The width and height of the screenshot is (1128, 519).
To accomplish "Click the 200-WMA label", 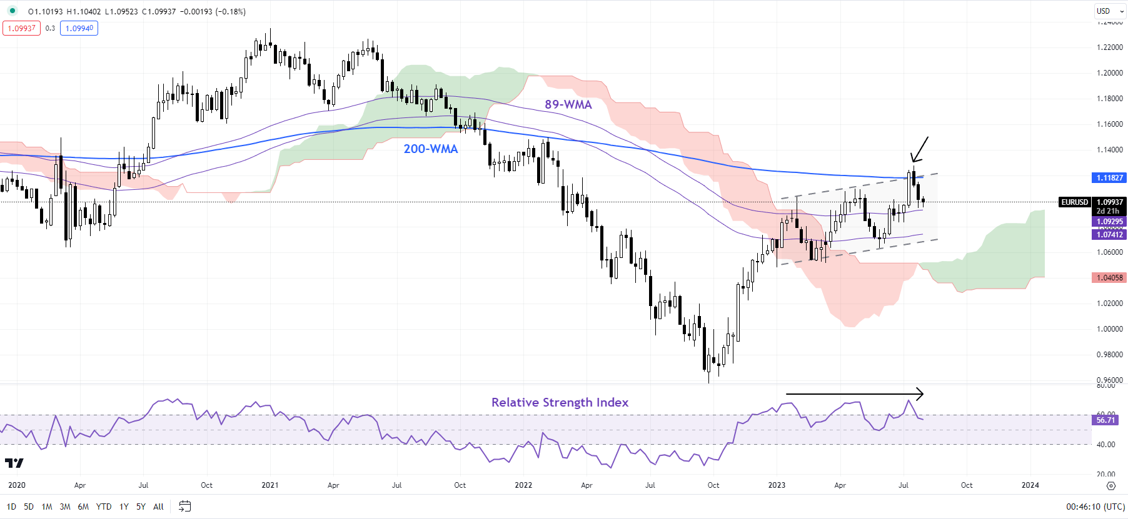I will point(430,149).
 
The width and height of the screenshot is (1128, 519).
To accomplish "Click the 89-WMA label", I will point(568,104).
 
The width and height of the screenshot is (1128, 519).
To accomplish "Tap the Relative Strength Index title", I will point(560,402).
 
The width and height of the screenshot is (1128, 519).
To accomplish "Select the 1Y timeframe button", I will point(124,507).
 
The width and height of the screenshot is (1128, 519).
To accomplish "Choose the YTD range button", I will point(104,507).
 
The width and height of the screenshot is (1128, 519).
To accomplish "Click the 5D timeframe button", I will point(29,507).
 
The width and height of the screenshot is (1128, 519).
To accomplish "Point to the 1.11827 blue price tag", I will point(1109,178).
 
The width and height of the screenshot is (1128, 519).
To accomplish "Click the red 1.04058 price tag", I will point(1109,278).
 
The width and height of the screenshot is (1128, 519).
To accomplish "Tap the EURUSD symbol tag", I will point(1074,202).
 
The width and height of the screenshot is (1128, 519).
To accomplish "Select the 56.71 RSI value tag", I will point(1105,420).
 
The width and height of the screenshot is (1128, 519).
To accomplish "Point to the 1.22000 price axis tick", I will point(1109,47).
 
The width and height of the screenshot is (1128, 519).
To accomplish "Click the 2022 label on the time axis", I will point(523,485).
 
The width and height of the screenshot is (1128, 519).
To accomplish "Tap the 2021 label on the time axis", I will point(270,485).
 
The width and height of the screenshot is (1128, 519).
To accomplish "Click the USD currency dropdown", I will point(1109,11).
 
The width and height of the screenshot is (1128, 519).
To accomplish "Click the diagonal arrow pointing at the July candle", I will point(919,149).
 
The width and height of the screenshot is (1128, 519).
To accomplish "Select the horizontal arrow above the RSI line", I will point(854,394).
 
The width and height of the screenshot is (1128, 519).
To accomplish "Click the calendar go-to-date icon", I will point(184,507).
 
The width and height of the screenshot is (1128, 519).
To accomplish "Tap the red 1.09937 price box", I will point(21,28).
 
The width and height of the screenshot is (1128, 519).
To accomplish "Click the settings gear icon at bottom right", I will point(1110,486).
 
